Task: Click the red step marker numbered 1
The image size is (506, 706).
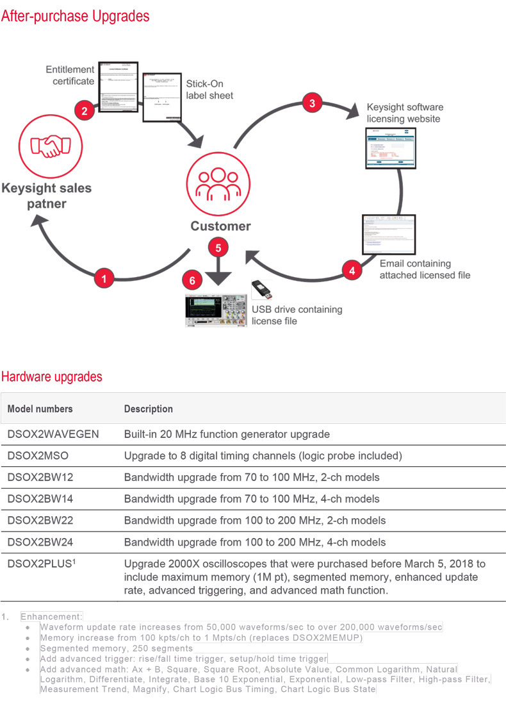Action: click(104, 278)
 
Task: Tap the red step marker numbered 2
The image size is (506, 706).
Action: click(85, 110)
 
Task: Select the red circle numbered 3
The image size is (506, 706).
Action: click(312, 103)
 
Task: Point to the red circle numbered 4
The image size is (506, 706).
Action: click(351, 271)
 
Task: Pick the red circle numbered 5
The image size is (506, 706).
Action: click(218, 248)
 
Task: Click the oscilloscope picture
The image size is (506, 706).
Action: click(216, 310)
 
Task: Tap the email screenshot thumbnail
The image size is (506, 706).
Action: click(388, 235)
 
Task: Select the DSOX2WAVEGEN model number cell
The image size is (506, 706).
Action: click(53, 434)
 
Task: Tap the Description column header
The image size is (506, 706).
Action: click(148, 408)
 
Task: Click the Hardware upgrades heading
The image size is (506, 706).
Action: click(51, 376)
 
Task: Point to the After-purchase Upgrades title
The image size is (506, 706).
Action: click(75, 15)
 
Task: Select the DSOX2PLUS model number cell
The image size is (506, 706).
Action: click(40, 564)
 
